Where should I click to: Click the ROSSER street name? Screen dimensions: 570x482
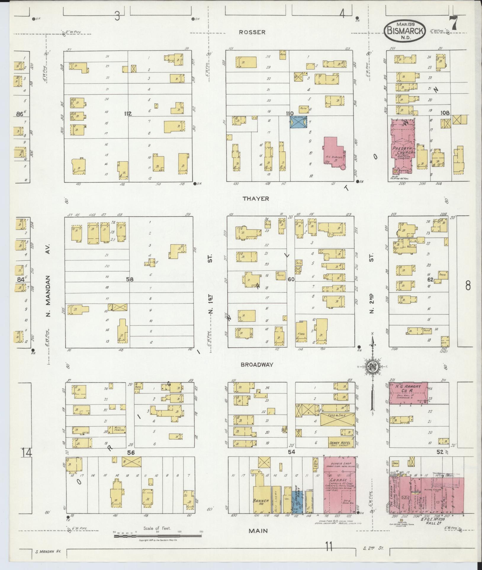point(252,32)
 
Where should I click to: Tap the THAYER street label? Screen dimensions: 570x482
point(256,199)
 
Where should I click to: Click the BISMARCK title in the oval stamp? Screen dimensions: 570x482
point(405,30)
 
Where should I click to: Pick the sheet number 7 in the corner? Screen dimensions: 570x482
point(453,23)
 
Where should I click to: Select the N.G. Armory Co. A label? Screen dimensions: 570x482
point(408,389)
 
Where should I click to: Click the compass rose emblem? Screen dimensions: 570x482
point(372,367)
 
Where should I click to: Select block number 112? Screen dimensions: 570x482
point(128,114)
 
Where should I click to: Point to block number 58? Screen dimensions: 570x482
point(130,279)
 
